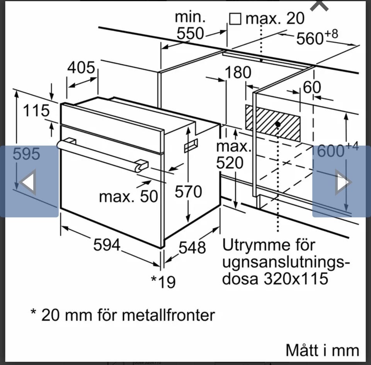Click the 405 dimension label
(x=81, y=68)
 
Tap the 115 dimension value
(x=36, y=111)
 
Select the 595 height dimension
(x=26, y=154)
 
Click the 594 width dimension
(x=107, y=245)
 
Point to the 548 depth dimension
(x=192, y=247)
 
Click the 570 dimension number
(x=188, y=191)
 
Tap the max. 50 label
(x=128, y=196)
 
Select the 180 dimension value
(x=238, y=72)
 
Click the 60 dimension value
(x=311, y=87)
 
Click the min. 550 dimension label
(x=190, y=26)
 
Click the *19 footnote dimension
(x=163, y=281)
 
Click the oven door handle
(x=100, y=155)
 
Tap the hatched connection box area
(x=273, y=123)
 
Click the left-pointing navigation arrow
(x=28, y=182)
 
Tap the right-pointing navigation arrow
(x=342, y=182)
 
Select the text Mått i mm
(x=322, y=350)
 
